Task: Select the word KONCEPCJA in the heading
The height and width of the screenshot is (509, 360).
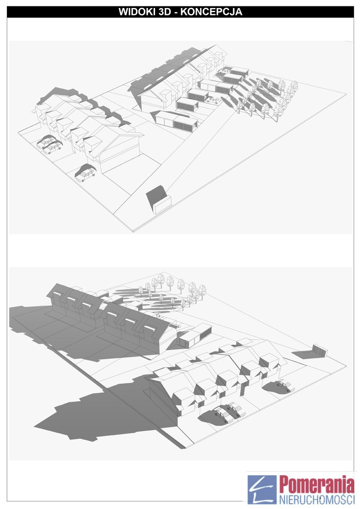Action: (x=211, y=12)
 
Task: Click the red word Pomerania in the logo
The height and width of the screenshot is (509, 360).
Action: (x=317, y=485)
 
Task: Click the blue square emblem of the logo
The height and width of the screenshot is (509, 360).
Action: (x=262, y=490)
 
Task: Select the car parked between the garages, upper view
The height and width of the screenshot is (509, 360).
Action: (x=213, y=100)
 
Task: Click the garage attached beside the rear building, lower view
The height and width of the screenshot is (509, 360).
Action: (x=195, y=337)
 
